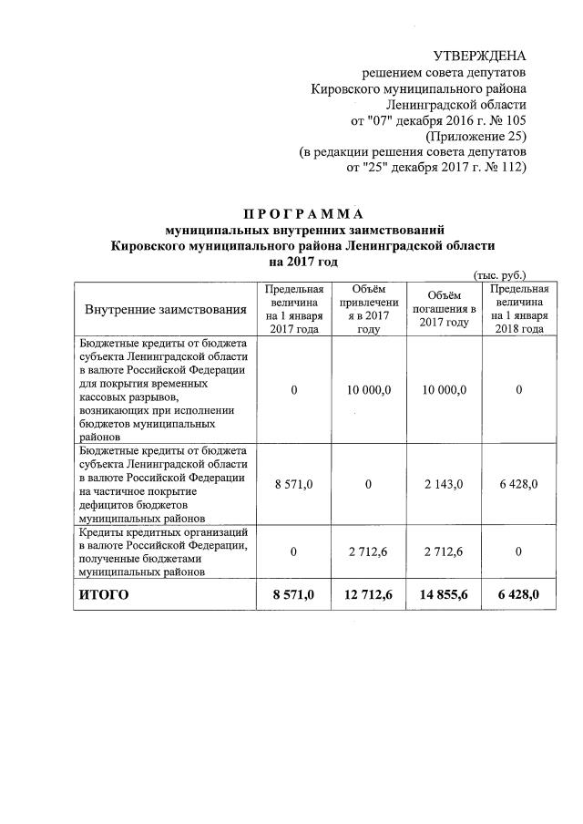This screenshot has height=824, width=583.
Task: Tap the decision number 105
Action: click(x=514, y=120)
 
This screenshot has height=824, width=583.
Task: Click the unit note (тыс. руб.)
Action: click(x=499, y=274)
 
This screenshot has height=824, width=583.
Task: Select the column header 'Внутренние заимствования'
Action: click(x=167, y=310)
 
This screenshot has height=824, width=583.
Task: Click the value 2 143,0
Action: click(x=444, y=483)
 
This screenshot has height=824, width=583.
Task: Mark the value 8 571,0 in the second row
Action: click(x=294, y=483)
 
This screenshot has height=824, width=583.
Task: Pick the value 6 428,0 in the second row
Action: click(x=518, y=483)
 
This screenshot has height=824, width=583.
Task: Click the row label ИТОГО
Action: click(x=105, y=595)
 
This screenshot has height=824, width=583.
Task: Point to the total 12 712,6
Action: click(x=368, y=595)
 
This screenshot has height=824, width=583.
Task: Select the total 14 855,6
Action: click(x=444, y=595)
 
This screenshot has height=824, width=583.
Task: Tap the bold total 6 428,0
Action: click(x=518, y=595)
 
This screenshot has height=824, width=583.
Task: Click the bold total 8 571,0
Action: click(x=294, y=595)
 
